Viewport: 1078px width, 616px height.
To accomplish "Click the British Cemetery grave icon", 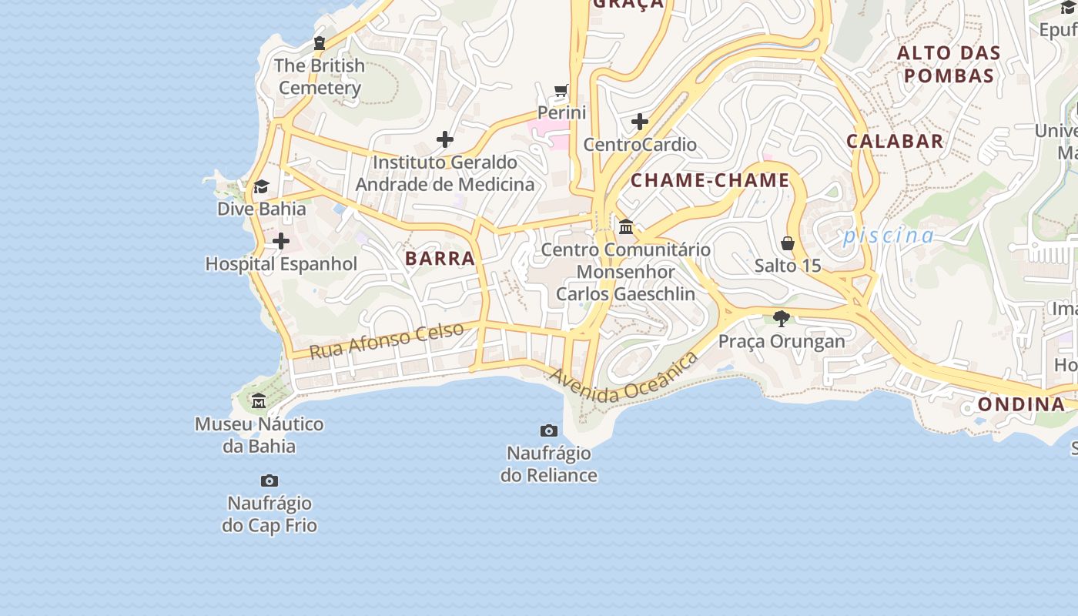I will click(x=319, y=43).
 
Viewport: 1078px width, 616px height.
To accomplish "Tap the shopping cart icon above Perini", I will click(x=561, y=91).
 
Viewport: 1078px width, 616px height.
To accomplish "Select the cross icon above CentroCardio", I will click(x=640, y=122).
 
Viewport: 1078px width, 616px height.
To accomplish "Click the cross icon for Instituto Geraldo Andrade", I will click(x=444, y=139).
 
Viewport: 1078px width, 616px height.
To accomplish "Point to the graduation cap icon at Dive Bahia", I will click(x=261, y=187).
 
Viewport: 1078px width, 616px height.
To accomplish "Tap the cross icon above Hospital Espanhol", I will click(x=280, y=242).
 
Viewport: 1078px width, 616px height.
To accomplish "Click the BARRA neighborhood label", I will click(x=440, y=259).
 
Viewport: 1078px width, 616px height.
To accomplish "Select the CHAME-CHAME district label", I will click(x=710, y=181).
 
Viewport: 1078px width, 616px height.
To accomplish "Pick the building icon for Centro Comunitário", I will click(x=625, y=227).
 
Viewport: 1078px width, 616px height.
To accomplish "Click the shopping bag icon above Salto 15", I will click(x=788, y=243).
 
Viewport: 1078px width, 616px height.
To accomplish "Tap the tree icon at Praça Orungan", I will click(x=781, y=319).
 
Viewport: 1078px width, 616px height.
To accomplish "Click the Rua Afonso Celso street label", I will click(x=387, y=340).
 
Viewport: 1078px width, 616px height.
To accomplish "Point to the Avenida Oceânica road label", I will click(x=624, y=378).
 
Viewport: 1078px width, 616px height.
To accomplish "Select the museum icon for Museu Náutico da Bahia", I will click(x=259, y=401).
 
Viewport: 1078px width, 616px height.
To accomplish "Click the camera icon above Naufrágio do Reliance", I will click(x=548, y=430).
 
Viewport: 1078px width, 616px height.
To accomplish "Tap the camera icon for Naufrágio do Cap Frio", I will click(x=269, y=480).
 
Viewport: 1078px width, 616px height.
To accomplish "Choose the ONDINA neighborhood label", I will click(x=1021, y=404).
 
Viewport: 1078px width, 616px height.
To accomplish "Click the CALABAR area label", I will click(x=895, y=141).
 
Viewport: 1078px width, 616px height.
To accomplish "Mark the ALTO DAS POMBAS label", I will click(x=949, y=65).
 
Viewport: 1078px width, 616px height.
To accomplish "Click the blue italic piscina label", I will click(x=888, y=236).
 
